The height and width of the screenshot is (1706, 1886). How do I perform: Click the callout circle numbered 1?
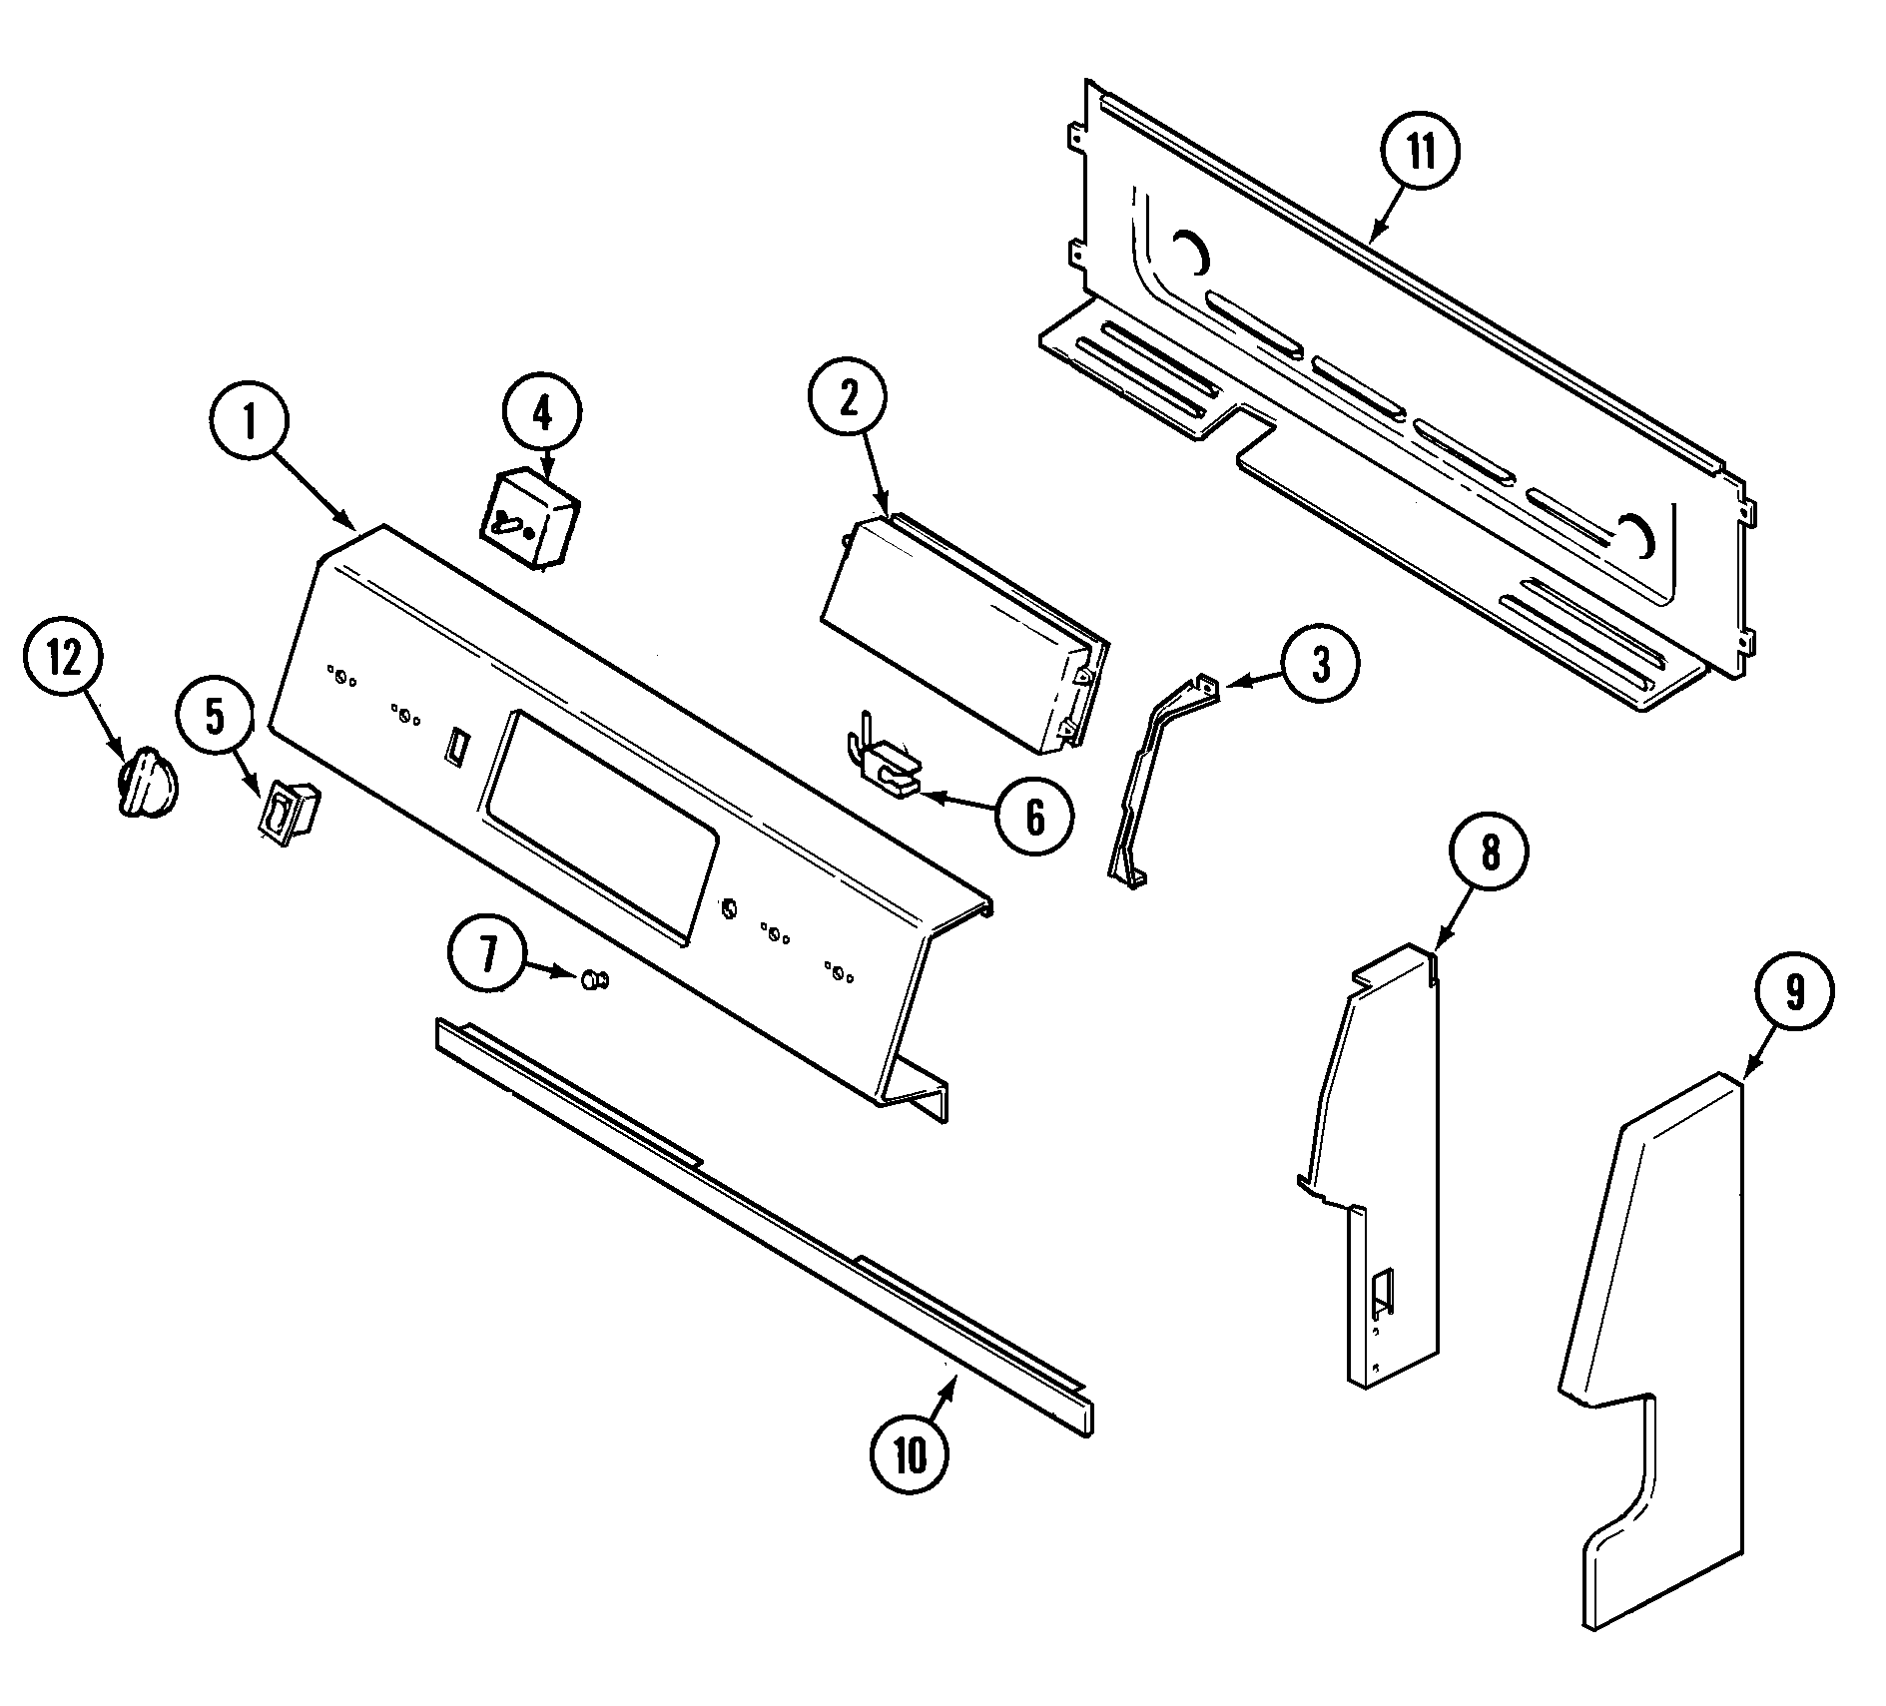click(250, 423)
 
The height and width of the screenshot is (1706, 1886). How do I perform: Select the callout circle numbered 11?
click(1420, 153)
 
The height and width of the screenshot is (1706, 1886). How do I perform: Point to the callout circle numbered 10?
click(910, 1456)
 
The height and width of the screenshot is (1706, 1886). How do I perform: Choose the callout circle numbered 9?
click(1794, 993)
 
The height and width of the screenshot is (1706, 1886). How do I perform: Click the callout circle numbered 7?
click(487, 955)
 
